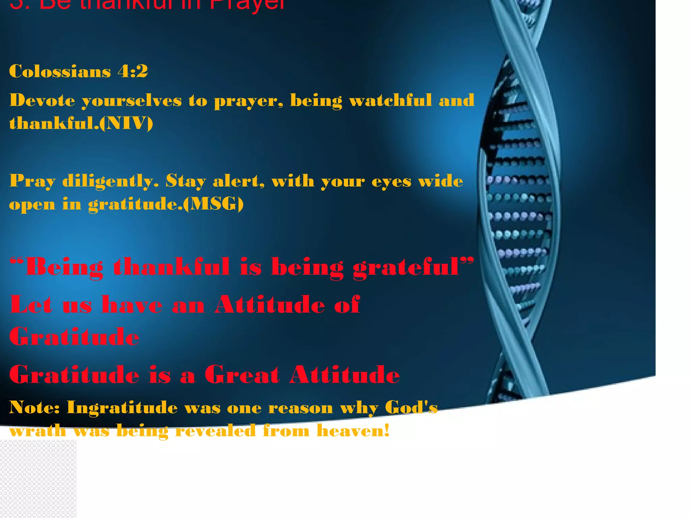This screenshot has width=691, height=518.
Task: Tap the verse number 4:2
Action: pyautogui.click(x=133, y=71)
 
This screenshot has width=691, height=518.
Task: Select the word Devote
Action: pyautogui.click(x=42, y=100)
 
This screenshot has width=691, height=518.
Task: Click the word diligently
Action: pyautogui.click(x=110, y=181)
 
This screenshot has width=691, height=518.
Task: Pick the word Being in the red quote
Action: pyautogui.click(x=64, y=267)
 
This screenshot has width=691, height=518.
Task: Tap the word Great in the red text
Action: pyautogui.click(x=242, y=375)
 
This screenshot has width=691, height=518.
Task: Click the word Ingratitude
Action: pyautogui.click(x=122, y=407)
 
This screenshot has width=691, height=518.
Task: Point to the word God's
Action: pyautogui.click(x=411, y=407)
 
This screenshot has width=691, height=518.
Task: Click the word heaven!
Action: pyautogui.click(x=353, y=430)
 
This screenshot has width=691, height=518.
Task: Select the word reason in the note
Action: pyautogui.click(x=301, y=408)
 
